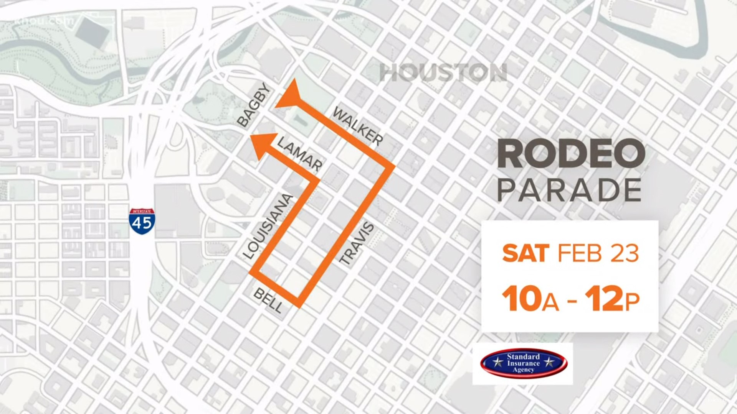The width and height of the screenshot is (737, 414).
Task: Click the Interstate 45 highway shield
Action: (x=142, y=222)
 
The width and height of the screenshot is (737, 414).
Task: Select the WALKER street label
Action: (x=358, y=126)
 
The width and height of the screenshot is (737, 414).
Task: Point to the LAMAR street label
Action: (x=300, y=154)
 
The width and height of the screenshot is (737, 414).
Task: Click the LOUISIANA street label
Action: (x=268, y=227)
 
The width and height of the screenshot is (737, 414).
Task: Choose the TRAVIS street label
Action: (x=357, y=243)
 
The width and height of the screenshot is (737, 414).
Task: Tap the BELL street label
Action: (x=268, y=301)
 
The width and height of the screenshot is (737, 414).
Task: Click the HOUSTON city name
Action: (x=443, y=73)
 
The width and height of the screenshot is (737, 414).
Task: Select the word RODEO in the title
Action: (x=571, y=154)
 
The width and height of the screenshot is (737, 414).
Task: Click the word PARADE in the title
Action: (x=570, y=190)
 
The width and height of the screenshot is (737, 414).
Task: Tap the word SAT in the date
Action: (x=525, y=253)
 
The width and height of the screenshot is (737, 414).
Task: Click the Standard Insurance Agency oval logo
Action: (x=524, y=363)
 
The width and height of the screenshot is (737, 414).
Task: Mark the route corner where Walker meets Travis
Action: (x=392, y=167)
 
